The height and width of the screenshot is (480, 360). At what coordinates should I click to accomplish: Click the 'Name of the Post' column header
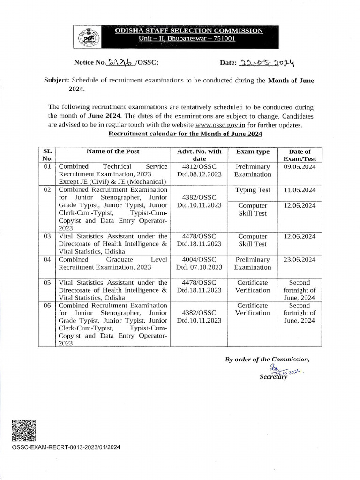[x=112, y=151]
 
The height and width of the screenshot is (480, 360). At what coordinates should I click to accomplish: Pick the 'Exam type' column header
[x=253, y=152]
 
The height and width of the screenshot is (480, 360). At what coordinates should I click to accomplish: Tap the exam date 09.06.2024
[x=300, y=166]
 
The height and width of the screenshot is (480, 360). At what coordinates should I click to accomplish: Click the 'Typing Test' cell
[x=253, y=190]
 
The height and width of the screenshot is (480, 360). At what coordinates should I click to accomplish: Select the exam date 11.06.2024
[x=300, y=190]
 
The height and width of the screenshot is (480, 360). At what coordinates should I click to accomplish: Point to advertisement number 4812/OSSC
[x=199, y=166]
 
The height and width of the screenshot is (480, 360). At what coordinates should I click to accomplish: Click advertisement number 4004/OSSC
[x=199, y=259]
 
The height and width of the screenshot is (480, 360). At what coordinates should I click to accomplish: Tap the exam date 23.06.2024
[x=300, y=259]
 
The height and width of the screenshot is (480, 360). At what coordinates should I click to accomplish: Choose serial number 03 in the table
[x=47, y=236]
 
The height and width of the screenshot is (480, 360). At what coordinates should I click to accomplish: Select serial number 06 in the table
[x=47, y=306]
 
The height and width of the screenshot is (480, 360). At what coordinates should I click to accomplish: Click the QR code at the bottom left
[x=23, y=431]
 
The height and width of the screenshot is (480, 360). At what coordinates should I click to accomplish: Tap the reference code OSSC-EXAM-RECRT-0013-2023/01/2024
[x=66, y=447]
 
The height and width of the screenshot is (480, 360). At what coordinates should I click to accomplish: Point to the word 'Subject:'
[x=57, y=81]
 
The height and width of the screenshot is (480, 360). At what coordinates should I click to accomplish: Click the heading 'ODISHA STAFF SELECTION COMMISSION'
[x=189, y=30]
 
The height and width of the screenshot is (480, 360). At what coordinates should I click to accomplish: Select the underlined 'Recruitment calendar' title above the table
[x=186, y=134]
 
